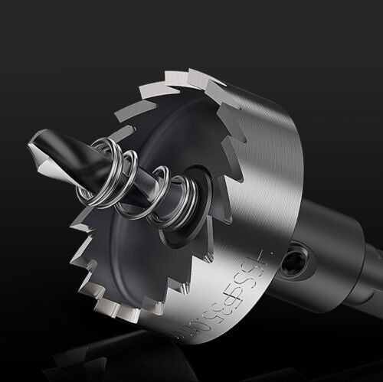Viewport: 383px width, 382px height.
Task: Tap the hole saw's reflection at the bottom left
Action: (84, 360)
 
